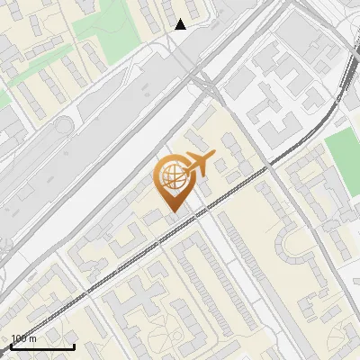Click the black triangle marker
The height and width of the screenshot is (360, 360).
click(x=181, y=24)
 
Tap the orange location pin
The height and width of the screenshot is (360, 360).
click(x=173, y=181)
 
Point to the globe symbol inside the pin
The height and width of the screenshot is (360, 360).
click(x=171, y=176)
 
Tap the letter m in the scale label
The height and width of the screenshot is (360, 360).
click(x=33, y=338)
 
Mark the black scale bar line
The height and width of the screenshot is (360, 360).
click(x=42, y=346)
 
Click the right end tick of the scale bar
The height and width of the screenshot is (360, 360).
click(x=74, y=345)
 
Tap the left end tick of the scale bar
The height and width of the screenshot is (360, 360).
click(x=11, y=345)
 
